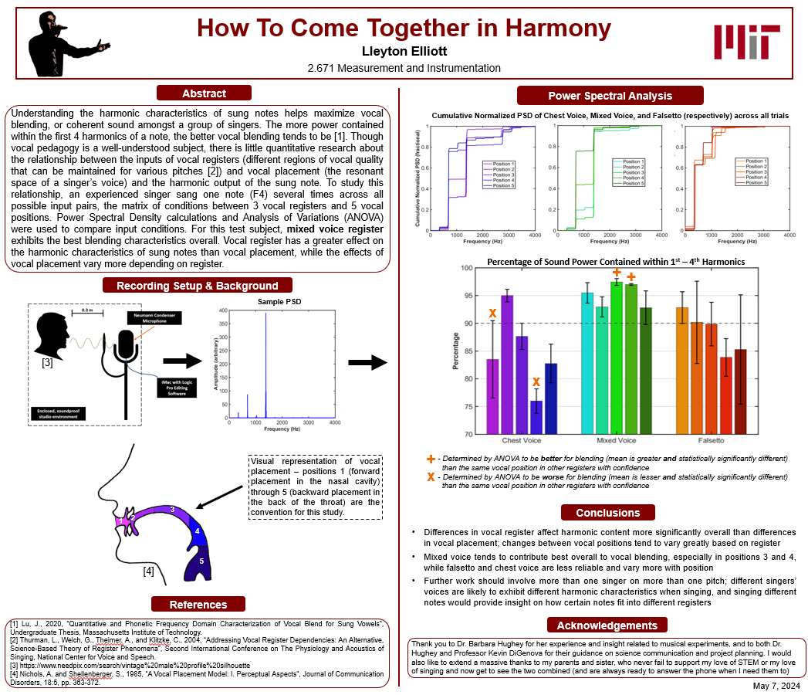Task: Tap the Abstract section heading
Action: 204,93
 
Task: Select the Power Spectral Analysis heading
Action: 610,96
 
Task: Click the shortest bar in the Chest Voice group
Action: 536,416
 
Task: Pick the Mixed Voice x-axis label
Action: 617,440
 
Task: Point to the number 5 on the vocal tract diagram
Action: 201,561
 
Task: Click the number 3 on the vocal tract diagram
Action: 172,510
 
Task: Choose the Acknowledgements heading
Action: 607,625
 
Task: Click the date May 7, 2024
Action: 776,686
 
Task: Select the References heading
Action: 198,605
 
